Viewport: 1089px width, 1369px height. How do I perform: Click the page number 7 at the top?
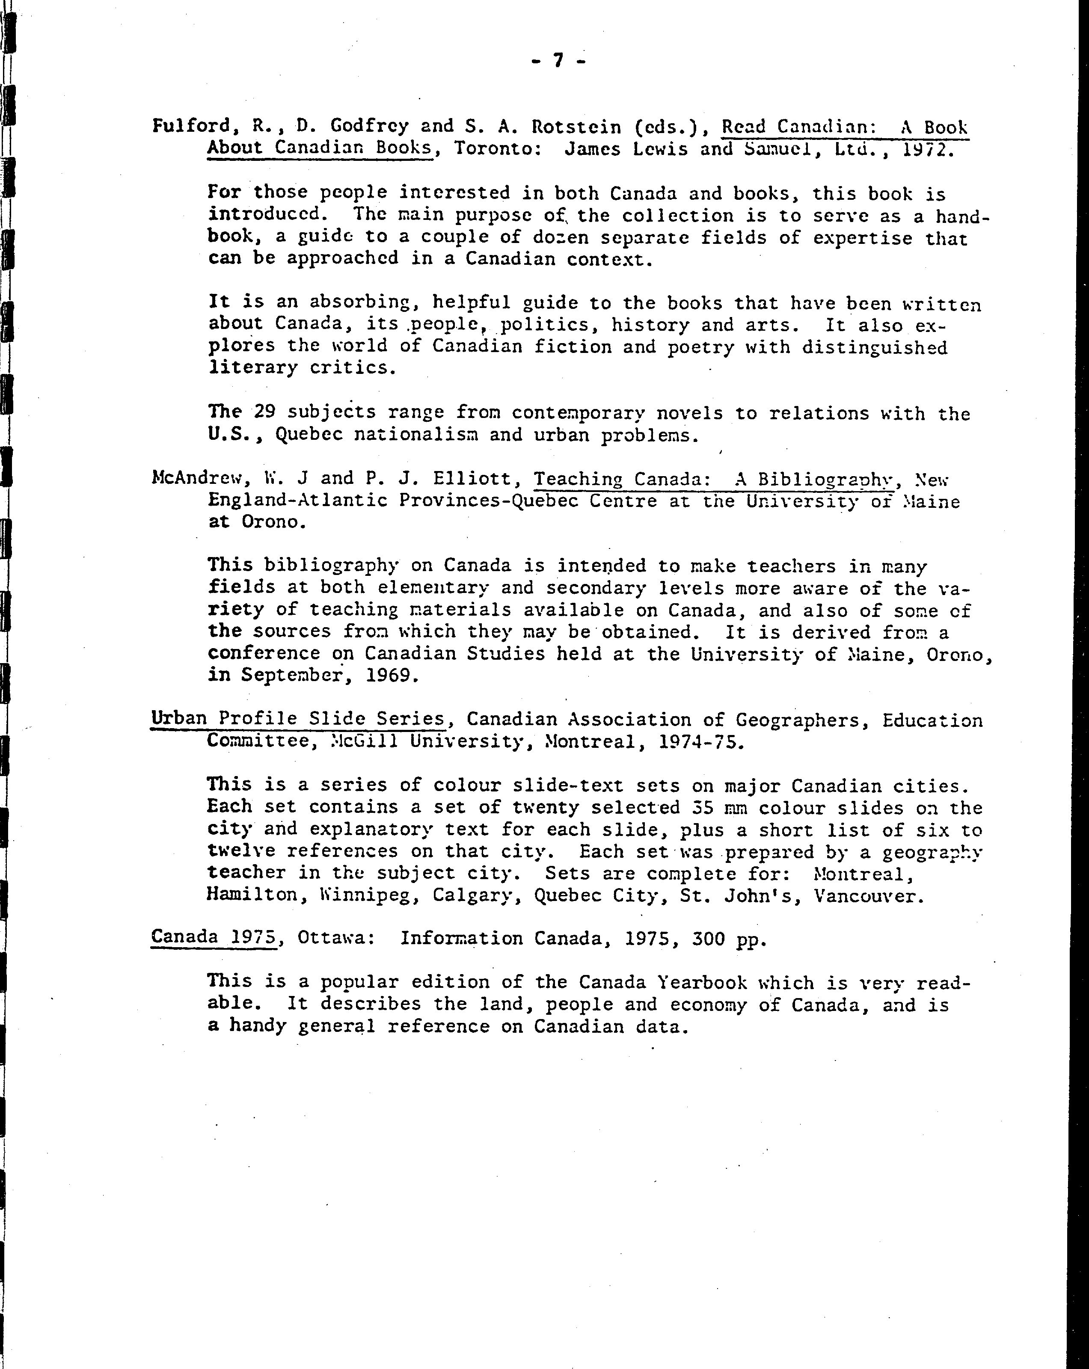tap(558, 60)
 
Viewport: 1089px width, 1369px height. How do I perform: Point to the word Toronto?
tap(496, 148)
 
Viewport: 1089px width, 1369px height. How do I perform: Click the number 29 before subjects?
tap(264, 412)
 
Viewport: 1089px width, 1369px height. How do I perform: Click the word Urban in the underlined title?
tap(178, 718)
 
